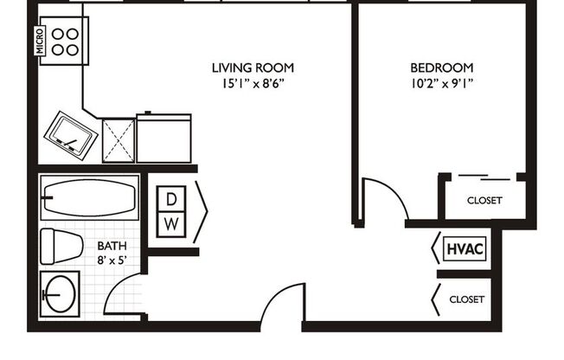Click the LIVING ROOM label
coord(253,67)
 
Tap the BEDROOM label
coord(441,67)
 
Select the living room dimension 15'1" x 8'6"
coord(253,84)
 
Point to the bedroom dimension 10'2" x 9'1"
coord(441,84)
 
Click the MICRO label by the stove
coord(41,40)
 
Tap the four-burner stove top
coord(66,40)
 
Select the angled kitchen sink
coord(73,135)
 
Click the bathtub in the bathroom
coord(89,198)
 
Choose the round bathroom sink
coord(60,292)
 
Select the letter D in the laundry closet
coord(172,198)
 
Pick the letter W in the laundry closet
coord(172,222)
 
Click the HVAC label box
coord(465,249)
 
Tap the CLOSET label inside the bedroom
coord(484,201)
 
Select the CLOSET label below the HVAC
coord(467,299)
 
